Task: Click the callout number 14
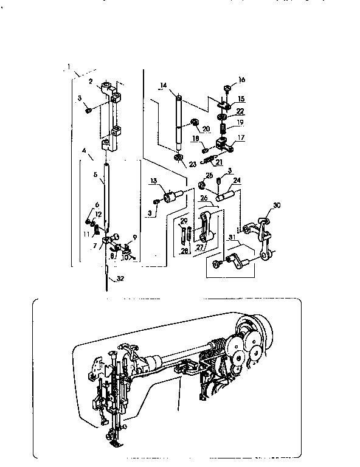click(x=163, y=86)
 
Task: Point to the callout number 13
click(x=153, y=181)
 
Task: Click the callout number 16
click(x=241, y=80)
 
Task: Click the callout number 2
click(x=90, y=80)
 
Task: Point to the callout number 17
click(x=241, y=137)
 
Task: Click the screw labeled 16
click(x=226, y=88)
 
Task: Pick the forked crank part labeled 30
click(x=263, y=225)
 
